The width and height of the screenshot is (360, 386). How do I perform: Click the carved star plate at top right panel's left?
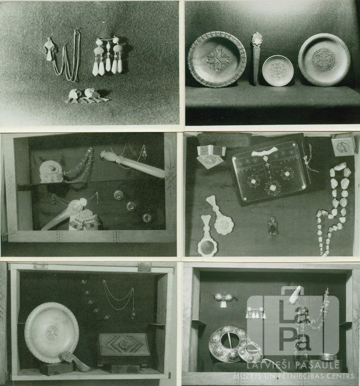click(x=217, y=60)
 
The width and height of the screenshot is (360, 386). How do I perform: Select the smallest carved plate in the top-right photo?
click(x=278, y=71)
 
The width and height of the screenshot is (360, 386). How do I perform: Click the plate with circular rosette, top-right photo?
click(x=324, y=60)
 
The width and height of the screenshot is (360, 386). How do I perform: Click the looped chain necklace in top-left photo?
click(x=66, y=57)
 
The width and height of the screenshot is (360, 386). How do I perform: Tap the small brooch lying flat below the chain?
click(x=86, y=96)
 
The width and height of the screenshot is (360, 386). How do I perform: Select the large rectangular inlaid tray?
click(x=269, y=170)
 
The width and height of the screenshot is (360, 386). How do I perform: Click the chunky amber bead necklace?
click(x=334, y=207)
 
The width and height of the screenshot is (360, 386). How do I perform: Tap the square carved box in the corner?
click(x=343, y=145)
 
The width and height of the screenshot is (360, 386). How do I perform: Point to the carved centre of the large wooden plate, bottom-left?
click(x=52, y=333)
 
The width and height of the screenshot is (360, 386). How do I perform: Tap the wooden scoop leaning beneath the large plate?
click(x=75, y=361)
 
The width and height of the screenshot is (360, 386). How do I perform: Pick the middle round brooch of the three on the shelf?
click(x=131, y=206)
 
